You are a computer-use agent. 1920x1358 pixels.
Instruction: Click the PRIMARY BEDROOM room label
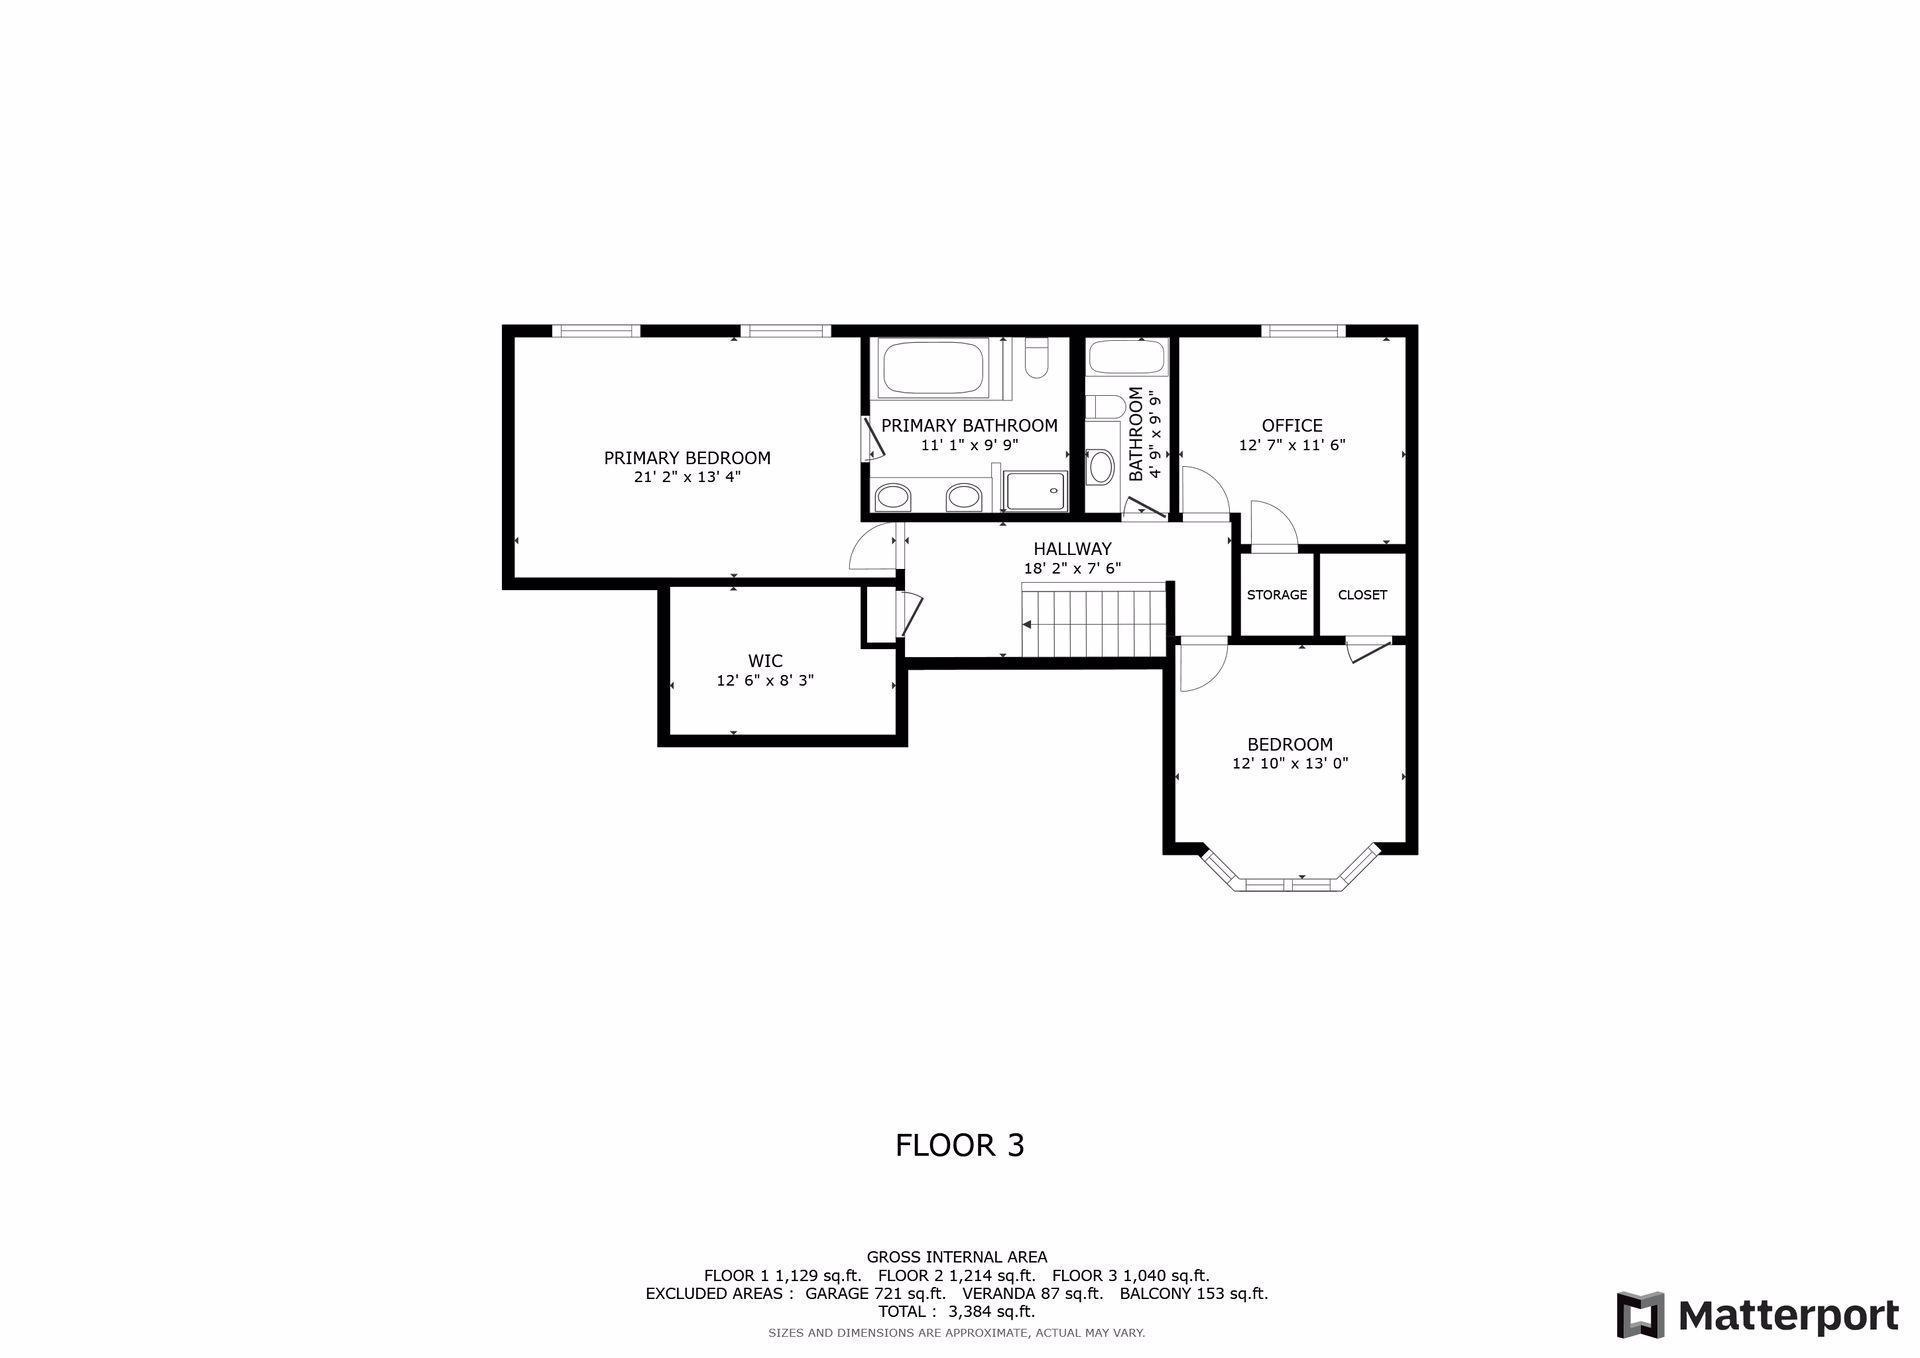pyautogui.click(x=687, y=458)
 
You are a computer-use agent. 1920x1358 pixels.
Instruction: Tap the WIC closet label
pyautogui.click(x=765, y=661)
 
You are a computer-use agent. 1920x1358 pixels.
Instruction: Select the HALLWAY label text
pyautogui.click(x=1072, y=549)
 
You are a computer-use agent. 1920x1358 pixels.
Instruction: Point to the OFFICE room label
pyautogui.click(x=1292, y=426)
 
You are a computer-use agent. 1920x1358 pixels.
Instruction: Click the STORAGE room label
pyautogui.click(x=1276, y=595)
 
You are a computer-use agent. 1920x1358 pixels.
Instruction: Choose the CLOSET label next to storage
pyautogui.click(x=1362, y=595)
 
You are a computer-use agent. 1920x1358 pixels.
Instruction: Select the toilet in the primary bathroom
pyautogui.click(x=1036, y=361)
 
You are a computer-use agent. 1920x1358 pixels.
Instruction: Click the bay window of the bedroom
pyautogui.click(x=1290, y=883)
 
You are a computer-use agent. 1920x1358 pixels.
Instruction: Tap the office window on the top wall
pyautogui.click(x=1303, y=331)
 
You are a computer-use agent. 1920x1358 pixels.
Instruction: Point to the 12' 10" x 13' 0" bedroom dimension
pyautogui.click(x=1290, y=764)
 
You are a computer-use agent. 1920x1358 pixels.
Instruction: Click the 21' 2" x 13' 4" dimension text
pyautogui.click(x=687, y=478)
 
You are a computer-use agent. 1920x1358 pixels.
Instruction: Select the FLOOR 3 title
pyautogui.click(x=959, y=1145)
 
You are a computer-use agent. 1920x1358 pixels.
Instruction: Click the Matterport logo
pyautogui.click(x=1757, y=1315)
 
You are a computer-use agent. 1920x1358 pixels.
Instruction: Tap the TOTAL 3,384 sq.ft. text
pyautogui.click(x=956, y=1312)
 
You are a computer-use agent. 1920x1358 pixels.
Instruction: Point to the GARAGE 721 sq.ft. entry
pyautogui.click(x=875, y=1294)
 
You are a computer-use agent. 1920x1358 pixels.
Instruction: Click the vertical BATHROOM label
pyautogui.click(x=1136, y=434)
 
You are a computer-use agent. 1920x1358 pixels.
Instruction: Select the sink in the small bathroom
pyautogui.click(x=1100, y=467)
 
